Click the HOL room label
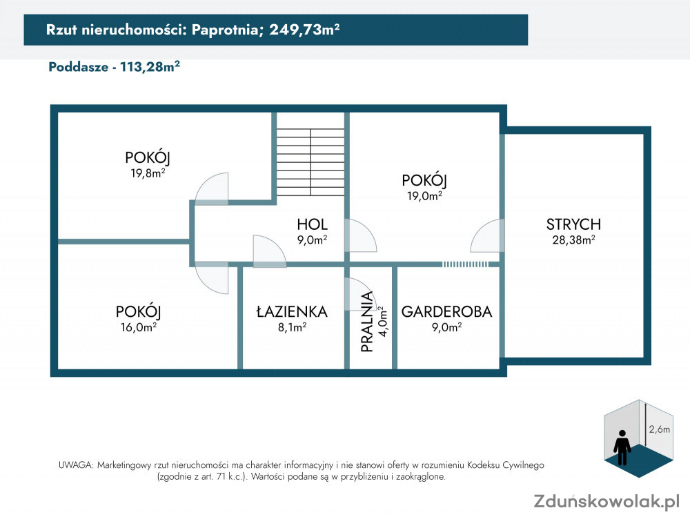point(312,224)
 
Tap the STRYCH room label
point(573,224)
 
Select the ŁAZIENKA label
point(292,311)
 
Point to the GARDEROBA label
point(446,311)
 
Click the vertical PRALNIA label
point(366,322)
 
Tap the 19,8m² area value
point(148,173)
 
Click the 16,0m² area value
point(139,326)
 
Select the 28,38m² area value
point(574,240)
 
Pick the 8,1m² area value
point(292,326)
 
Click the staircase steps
point(310,162)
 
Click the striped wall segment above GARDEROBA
point(465,264)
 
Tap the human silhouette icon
point(622,447)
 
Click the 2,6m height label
point(660,429)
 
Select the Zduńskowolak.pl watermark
point(607,500)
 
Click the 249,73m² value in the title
point(304,30)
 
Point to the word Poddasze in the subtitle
point(79,67)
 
